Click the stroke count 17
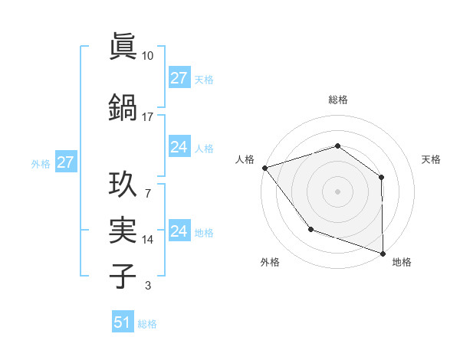[148, 117]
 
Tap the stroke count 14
[148, 240]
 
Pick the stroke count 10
[148, 56]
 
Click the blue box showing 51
[123, 322]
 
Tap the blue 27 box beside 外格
[65, 162]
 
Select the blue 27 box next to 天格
[179, 78]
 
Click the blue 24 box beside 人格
[179, 147]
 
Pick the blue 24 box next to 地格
[179, 231]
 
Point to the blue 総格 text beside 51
[147, 324]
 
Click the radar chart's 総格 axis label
[337, 100]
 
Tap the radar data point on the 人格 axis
[264, 167]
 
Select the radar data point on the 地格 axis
[383, 253]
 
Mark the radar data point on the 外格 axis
[310, 228]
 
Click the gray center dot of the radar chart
[337, 191]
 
